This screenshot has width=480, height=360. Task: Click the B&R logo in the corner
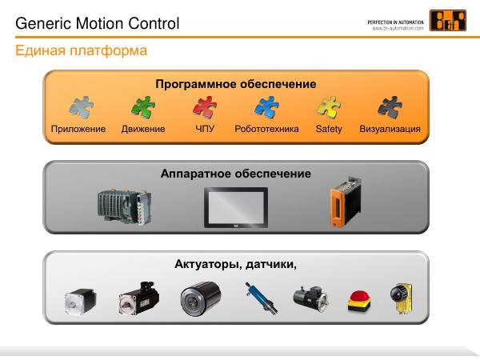coord(448,21)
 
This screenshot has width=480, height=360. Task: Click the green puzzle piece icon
coord(143,107)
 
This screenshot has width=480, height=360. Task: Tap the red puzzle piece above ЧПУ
coord(205,107)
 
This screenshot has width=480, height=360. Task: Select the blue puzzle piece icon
coord(266,107)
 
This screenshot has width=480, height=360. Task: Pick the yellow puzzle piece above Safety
coord(329,107)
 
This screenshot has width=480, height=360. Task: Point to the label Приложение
coord(78,129)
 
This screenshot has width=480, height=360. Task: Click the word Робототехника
coord(266,129)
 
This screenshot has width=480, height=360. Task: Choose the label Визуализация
coord(390,129)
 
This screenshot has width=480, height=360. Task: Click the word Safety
coord(329,129)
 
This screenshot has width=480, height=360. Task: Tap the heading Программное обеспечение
coord(236,84)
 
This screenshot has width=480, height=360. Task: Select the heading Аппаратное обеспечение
coord(236,174)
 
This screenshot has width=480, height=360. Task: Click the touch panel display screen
coord(236,207)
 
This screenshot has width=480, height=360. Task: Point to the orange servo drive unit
coord(346,202)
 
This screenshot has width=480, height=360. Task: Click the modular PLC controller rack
coord(125,206)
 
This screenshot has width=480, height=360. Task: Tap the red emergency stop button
coord(359,302)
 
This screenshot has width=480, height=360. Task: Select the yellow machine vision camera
coord(402,298)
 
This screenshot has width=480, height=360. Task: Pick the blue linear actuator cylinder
coord(261,298)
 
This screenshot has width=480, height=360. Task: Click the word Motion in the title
coord(99,23)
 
